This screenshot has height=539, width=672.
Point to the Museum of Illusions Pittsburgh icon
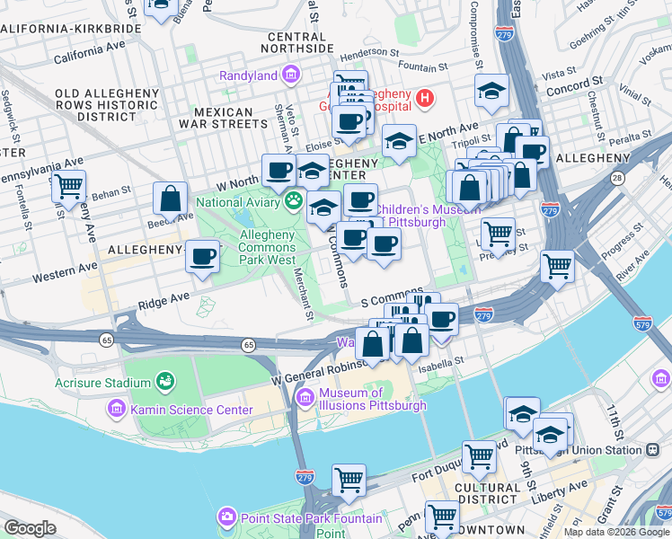(305, 397)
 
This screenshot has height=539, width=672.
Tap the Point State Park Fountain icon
(225, 517)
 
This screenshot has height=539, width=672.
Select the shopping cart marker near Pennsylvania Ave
(68, 187)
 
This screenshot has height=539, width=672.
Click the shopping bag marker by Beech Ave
(170, 199)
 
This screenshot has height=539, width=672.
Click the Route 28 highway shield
(617, 179)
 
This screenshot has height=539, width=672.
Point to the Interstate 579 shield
(641, 323)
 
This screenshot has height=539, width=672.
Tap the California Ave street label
(89, 56)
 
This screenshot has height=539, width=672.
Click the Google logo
(30, 528)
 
